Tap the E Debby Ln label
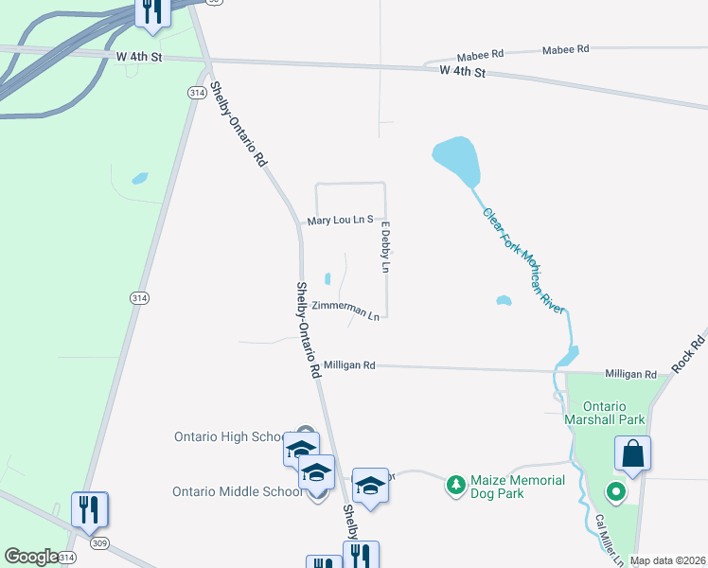point(385,247)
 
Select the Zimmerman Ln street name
point(345,310)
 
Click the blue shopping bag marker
point(632,454)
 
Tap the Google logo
point(30,557)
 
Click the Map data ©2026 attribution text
point(666,560)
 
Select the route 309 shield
point(98,543)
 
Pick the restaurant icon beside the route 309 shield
point(91,509)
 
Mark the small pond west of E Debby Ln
point(327,278)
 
